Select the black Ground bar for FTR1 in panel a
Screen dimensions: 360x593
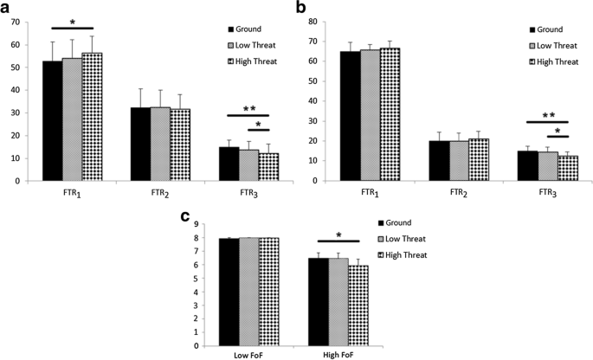[52, 121]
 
